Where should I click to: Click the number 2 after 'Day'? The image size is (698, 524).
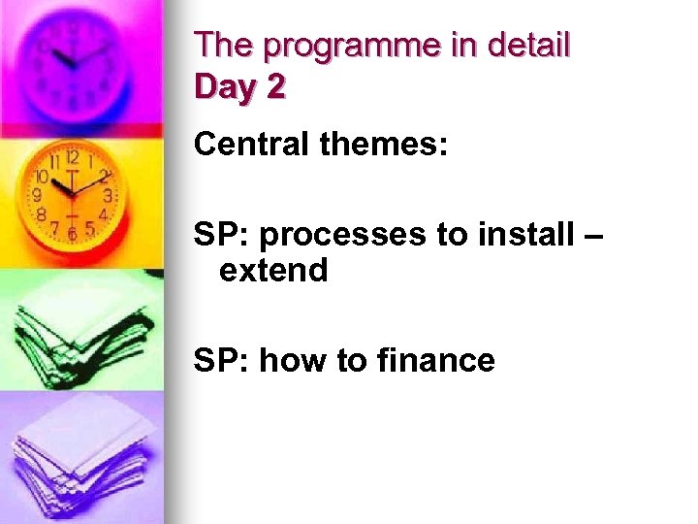(x=276, y=87)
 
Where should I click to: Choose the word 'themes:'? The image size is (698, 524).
(x=385, y=145)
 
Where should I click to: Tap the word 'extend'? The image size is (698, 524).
(x=274, y=270)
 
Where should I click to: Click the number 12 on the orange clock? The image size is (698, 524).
(x=73, y=157)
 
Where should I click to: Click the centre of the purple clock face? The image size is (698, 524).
(x=77, y=64)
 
